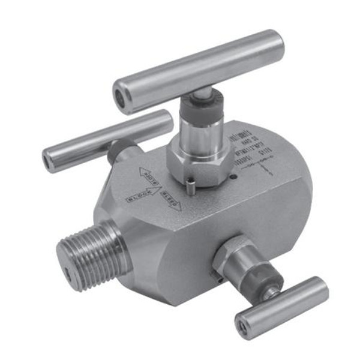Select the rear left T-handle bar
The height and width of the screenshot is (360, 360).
(108, 140)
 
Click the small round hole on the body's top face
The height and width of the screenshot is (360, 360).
(236, 176)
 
